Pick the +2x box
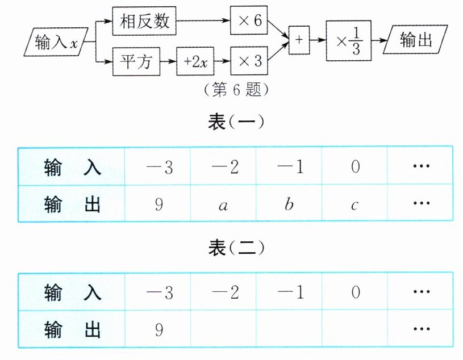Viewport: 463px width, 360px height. (x=195, y=61)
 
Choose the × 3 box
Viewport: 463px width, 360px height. (x=248, y=61)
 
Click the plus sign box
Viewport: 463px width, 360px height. (x=299, y=40)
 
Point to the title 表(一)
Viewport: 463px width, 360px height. (x=232, y=123)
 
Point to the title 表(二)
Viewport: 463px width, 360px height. (x=232, y=249)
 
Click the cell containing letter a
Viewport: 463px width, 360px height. (x=223, y=204)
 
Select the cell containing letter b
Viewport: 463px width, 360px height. (x=289, y=204)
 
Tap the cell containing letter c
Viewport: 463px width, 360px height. (x=354, y=204)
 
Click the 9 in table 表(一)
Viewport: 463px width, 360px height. (x=158, y=204)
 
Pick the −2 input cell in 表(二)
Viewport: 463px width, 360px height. (x=224, y=292)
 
